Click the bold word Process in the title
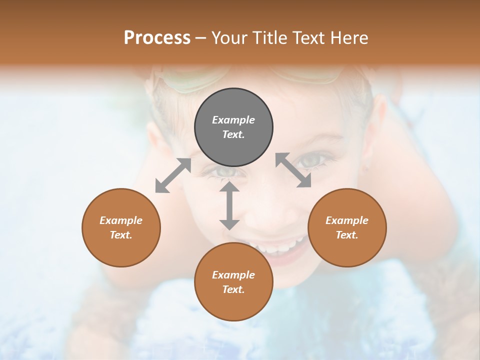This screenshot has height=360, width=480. (157, 37)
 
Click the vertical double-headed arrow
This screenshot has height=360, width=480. (229, 205)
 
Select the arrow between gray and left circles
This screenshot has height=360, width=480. (173, 175)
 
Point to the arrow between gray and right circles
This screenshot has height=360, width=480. (293, 170)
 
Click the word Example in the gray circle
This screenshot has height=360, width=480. (233, 120)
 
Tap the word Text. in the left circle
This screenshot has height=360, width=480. (121, 235)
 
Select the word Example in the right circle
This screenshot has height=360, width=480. (347, 220)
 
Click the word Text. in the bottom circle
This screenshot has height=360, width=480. (233, 289)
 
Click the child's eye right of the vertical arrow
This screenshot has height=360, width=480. (311, 161)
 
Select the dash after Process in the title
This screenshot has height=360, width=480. (201, 38)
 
